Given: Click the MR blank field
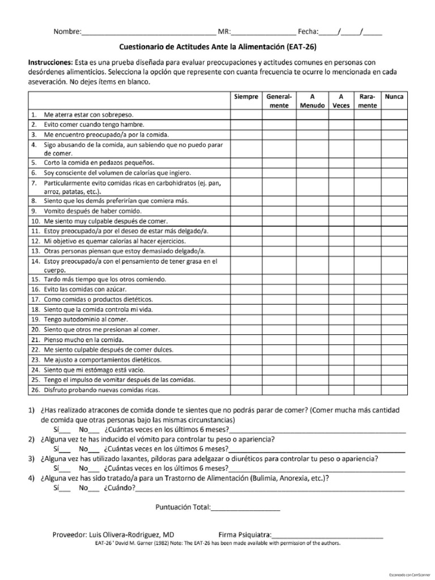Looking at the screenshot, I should point(263,32).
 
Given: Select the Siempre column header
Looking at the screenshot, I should point(246,97).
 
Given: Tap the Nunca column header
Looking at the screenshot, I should point(394,97).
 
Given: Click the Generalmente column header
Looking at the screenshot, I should point(279,101).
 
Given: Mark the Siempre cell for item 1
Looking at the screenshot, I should point(246,114).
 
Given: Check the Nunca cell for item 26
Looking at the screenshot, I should point(394,390).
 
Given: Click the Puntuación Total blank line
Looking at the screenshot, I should point(246,507).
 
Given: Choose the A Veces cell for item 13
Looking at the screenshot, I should point(340,250).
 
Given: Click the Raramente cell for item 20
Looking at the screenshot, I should point(367,329).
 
